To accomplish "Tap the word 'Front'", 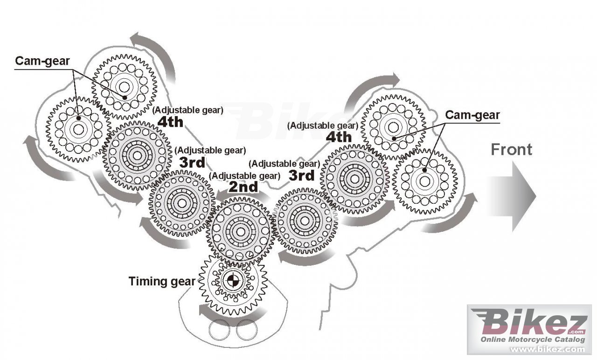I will pos(511,150).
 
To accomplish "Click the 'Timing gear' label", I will pos(161,281).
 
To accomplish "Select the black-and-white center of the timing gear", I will pos(230,281).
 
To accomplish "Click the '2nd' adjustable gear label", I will pos(243,187).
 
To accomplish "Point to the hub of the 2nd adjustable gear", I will pos(240,231).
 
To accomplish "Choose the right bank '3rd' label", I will pos(301,175).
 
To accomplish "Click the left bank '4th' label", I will pos(170,122).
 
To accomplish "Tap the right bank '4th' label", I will pos(339,137).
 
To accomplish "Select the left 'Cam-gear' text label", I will pos(43,61).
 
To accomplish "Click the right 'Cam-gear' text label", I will pos(472,115).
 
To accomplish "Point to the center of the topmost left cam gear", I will pos(124,86).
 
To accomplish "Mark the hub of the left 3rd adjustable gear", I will pos(181,202).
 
